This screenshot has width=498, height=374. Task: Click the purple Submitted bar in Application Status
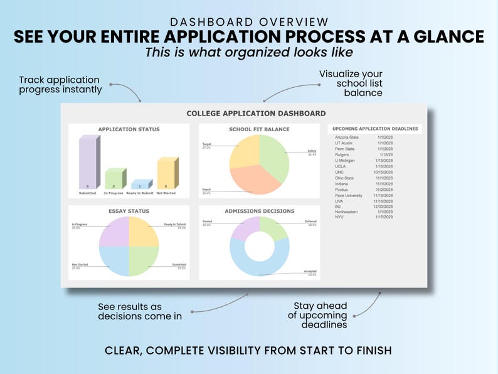[x=88, y=163]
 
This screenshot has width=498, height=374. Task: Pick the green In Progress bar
[x=115, y=179]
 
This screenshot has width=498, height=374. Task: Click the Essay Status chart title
[x=129, y=211]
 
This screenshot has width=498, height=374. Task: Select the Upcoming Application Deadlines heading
[x=375, y=129]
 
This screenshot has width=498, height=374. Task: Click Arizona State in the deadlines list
[x=347, y=137]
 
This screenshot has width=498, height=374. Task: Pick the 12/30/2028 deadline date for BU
[x=384, y=206]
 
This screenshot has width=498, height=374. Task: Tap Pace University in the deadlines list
[x=349, y=195]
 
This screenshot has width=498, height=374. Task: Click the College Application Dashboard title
[x=256, y=114]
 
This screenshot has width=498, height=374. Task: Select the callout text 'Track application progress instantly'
[x=60, y=85]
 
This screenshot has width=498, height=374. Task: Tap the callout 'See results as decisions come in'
[x=140, y=311]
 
